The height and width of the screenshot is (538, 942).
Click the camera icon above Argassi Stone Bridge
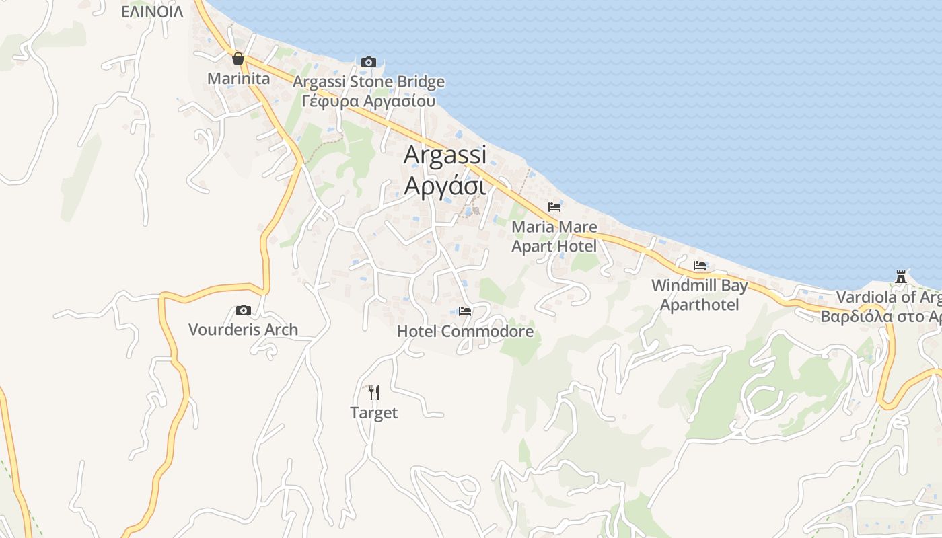coord(368,63)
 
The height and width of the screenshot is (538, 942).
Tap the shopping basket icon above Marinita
coord(238,59)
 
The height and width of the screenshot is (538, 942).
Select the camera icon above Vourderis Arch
coord(244,310)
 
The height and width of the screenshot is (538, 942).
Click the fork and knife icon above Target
coord(374,392)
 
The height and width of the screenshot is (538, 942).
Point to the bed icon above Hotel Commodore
coord(464,311)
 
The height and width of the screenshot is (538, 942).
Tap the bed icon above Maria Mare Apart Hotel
coord(554,206)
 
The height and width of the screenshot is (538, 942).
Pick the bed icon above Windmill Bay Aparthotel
coord(700,266)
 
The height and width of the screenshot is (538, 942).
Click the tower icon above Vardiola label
coord(900,277)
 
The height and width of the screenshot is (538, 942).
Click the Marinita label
coord(238,79)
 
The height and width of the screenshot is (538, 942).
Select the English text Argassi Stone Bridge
coord(369,82)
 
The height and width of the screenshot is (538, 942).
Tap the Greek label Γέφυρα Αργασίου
coord(369,102)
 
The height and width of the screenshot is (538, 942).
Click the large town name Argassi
coord(445,155)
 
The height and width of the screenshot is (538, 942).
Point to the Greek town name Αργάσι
coord(445,185)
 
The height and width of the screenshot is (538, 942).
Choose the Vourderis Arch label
coord(243,330)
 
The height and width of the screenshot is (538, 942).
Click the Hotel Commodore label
coord(465,332)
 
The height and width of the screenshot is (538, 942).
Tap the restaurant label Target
coord(374,412)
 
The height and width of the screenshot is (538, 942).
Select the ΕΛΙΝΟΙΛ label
coord(152,12)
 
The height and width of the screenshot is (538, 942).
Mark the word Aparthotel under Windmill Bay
coord(699,305)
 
